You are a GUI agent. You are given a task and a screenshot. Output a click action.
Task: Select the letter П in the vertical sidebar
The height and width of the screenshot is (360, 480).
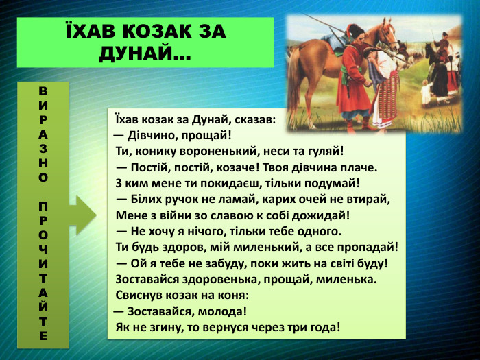pos(43,206)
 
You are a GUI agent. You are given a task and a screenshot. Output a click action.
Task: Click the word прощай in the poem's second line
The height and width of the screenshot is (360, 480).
pos(211,134)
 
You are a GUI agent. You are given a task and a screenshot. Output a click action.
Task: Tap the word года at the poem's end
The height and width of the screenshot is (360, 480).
pos(322,326)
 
